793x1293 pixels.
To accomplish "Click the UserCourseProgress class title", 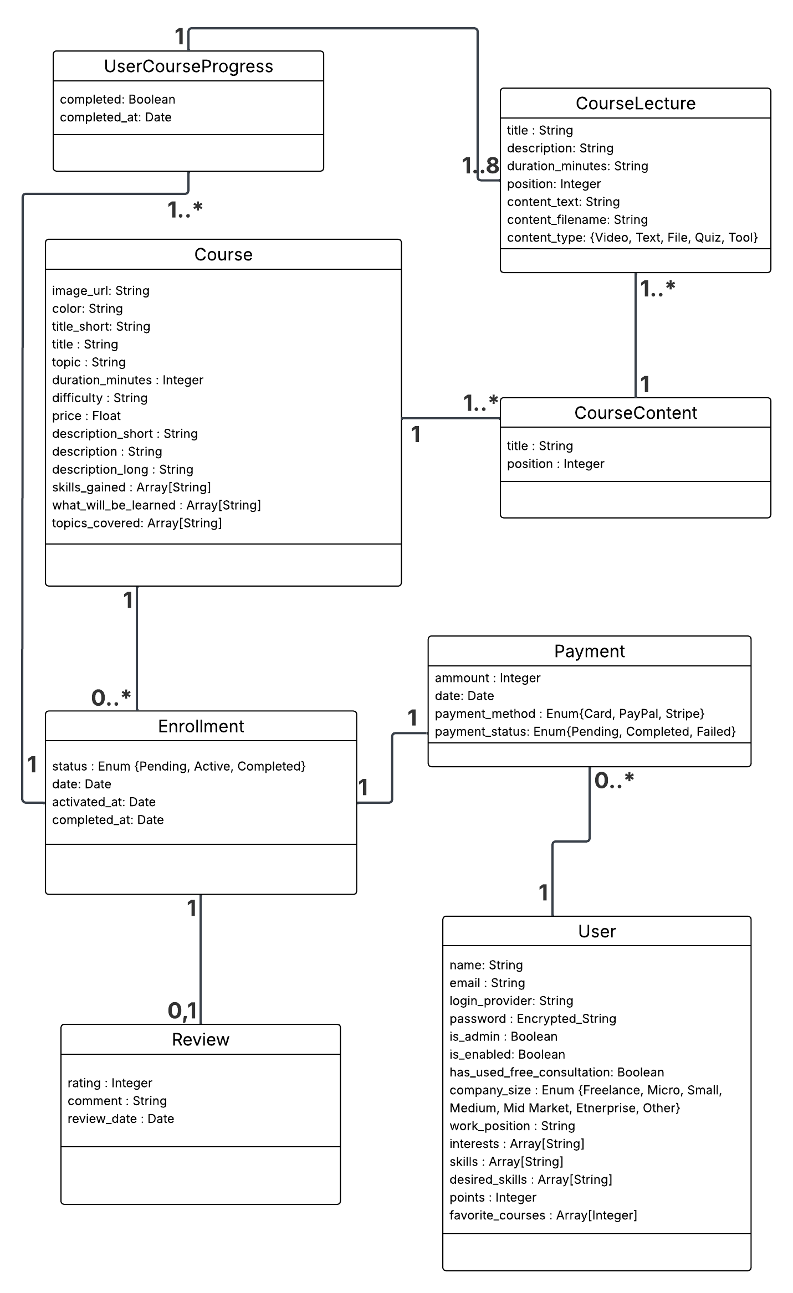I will (188, 66).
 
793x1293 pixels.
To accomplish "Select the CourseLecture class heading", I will (635, 104).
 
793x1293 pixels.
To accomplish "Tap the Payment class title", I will (589, 651).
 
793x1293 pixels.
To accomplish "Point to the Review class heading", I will (200, 1040).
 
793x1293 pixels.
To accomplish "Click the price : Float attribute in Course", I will (86, 416).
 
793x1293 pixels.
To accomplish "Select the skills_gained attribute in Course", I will (131, 488).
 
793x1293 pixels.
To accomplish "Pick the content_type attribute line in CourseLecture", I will (632, 238).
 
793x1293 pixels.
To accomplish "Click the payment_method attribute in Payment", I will (569, 714).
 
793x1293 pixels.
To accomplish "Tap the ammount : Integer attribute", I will (487, 678).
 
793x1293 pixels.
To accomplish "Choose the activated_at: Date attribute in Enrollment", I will (104, 802).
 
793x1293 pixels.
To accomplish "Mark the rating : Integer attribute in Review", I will (110, 1083).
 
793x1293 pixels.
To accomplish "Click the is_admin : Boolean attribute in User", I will (503, 1037).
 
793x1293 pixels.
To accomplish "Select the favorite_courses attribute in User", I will (543, 1215).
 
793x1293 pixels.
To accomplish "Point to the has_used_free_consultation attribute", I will (556, 1072).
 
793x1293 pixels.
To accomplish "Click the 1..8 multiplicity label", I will (481, 166).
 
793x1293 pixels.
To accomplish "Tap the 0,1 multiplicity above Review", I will (182, 1011).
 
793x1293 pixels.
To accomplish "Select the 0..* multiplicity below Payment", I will (613, 781).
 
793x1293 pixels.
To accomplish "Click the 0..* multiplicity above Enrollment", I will (111, 698).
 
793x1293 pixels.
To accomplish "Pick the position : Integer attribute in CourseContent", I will (555, 464).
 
